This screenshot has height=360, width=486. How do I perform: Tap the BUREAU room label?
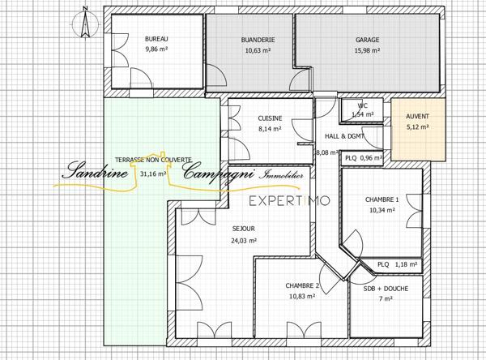coord(157,40)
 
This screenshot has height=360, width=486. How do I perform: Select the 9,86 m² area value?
coord(157,49)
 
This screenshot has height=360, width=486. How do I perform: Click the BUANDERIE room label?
coord(258,40)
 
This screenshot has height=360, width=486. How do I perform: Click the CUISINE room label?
coord(270,118)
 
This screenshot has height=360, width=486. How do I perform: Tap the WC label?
coord(363,106)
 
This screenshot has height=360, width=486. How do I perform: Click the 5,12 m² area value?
coord(419,126)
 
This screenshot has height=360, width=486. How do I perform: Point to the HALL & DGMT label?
coord(343,136)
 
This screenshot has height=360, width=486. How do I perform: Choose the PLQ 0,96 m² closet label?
coord(363,158)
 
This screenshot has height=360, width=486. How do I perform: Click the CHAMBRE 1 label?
coord(382,199)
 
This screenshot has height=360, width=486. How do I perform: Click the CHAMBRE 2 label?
coord(302,286)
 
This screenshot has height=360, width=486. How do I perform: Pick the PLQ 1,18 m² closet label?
coord(397,264)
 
